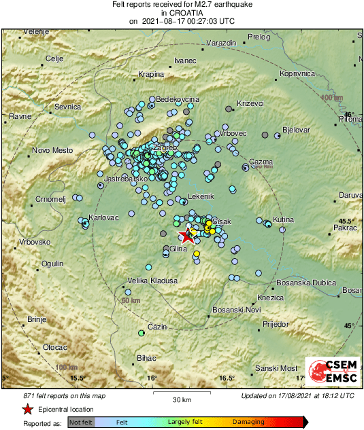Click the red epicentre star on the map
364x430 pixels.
186,236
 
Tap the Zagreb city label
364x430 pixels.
167,147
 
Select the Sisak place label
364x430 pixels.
222,222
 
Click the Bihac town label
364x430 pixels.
147,357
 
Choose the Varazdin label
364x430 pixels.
220,43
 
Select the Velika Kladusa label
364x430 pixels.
152,280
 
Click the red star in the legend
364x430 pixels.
27,409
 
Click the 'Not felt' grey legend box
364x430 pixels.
81,423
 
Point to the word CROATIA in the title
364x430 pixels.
181,12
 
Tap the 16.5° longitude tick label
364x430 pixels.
227,378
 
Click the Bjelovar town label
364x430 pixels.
296,129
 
